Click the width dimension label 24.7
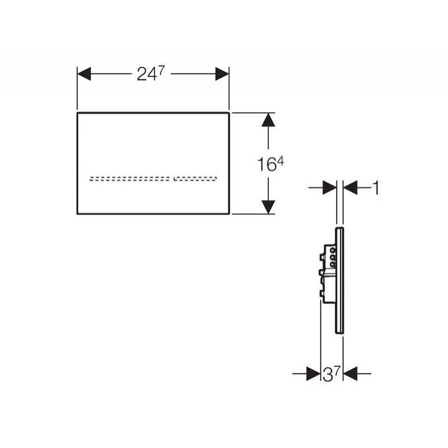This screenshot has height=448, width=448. click(151, 74)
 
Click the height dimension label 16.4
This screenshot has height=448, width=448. click(270, 164)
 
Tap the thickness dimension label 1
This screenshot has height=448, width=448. click(376, 188)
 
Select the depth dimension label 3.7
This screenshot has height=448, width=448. click(332, 374)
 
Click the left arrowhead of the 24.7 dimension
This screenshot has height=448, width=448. click(84, 74)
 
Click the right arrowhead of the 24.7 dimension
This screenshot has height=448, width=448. click(222, 74)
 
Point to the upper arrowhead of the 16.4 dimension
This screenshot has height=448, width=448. click(268, 120)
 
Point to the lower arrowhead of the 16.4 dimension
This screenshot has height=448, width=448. click(268, 207)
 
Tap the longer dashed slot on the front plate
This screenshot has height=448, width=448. click(129, 179)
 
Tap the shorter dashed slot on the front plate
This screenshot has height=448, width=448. click(195, 179)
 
